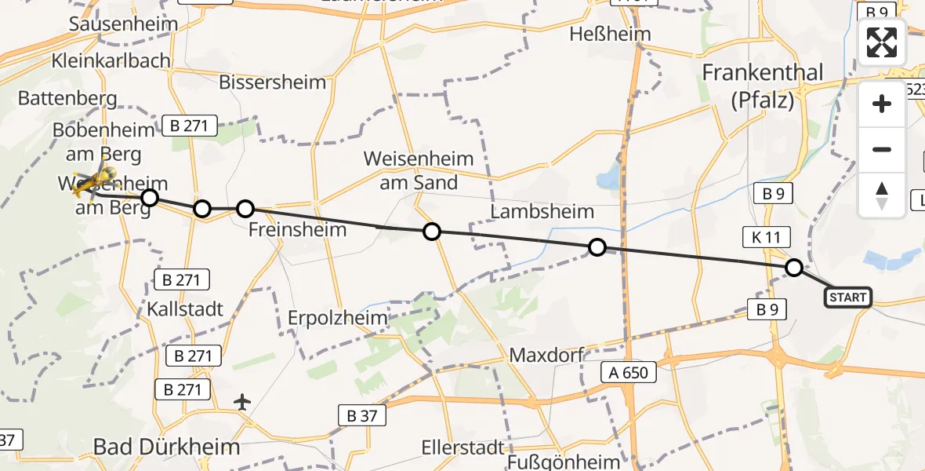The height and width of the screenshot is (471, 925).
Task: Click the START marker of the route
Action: [847, 297]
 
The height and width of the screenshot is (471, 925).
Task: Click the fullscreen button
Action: [882, 42]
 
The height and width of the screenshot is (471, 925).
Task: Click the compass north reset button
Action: [882, 195]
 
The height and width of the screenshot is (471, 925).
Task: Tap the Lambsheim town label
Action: [542, 212]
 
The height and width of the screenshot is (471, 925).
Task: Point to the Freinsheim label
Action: [297, 230]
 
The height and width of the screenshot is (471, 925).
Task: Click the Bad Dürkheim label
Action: [166, 447]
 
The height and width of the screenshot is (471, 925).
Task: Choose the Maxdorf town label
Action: [546, 355]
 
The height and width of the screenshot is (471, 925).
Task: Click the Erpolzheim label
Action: [338, 318]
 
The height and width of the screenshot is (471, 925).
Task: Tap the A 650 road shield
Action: [628, 372]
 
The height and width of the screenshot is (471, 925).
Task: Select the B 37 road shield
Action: [361, 415]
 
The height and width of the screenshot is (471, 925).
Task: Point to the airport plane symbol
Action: [243, 403]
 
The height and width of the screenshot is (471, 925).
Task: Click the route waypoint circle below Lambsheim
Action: [597, 248]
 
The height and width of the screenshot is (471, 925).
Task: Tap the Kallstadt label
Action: [185, 309]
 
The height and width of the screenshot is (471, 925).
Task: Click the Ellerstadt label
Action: [462, 447]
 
